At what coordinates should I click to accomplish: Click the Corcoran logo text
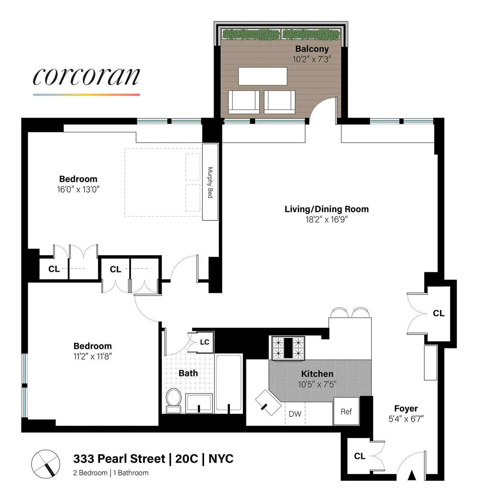86,76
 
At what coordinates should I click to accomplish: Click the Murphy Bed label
210,182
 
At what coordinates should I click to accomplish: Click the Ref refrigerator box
346,412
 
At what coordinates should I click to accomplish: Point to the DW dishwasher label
295,414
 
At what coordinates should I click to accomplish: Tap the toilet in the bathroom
174,400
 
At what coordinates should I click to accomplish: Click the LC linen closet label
204,342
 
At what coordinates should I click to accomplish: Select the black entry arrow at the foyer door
412,475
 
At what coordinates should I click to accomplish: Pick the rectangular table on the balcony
262,76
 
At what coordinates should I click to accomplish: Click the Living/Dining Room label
326,209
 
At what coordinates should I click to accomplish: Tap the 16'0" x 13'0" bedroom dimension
78,189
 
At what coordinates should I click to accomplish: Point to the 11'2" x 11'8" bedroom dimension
92,356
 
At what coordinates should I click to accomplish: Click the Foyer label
406,408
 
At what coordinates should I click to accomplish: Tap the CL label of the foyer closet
359,456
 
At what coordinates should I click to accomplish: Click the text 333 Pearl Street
119,458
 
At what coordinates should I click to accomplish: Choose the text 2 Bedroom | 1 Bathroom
110,473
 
